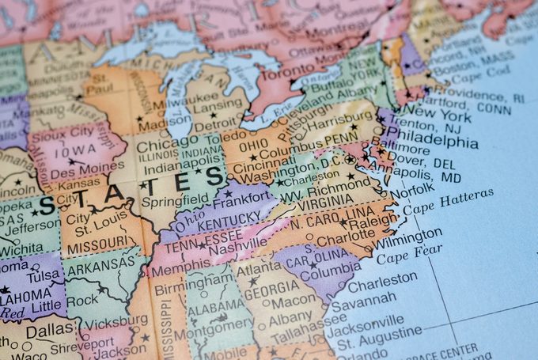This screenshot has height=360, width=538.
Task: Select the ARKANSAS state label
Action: [x=99, y=262]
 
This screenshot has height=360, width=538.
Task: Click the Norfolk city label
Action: [x=411, y=190]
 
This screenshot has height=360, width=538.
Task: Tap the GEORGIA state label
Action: [x=271, y=290]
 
